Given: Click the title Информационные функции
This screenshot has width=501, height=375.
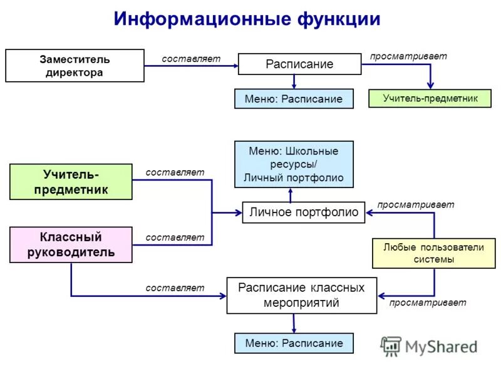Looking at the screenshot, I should point(247,19).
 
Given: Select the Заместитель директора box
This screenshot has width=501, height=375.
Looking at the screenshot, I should point(75,66).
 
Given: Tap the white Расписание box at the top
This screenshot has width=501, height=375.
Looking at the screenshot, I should point(299,64).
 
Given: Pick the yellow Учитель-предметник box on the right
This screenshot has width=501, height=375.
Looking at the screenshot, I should point(430,98).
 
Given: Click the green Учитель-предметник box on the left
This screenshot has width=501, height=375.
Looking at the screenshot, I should point(71,181).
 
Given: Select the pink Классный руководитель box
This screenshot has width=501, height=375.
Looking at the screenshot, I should point(71,244).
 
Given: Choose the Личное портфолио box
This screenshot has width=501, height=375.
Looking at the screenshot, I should point(304,212).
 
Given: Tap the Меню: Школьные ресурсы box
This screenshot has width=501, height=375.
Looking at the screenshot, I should point(294,164).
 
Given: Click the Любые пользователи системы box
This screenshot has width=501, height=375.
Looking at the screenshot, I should point(433,253).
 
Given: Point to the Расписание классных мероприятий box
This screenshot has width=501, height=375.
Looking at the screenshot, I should point(301,295).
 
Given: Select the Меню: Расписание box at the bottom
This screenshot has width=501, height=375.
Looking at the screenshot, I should point(294,343).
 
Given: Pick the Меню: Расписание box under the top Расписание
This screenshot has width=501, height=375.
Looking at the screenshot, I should point(294,99).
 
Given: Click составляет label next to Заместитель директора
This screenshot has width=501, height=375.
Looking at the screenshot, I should point(191,59).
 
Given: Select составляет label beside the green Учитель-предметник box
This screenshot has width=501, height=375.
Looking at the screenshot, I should point(175,172).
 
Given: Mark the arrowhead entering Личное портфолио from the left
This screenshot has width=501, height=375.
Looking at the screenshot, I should point(238,213).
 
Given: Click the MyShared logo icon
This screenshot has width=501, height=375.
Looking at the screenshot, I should point(391,346).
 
